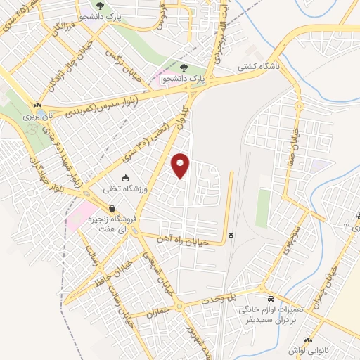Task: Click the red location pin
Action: [181, 165]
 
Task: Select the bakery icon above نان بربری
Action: [37, 105]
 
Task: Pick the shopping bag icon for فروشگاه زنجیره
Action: [112, 208]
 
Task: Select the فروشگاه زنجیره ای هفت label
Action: [113, 223]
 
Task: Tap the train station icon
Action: [231, 233]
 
